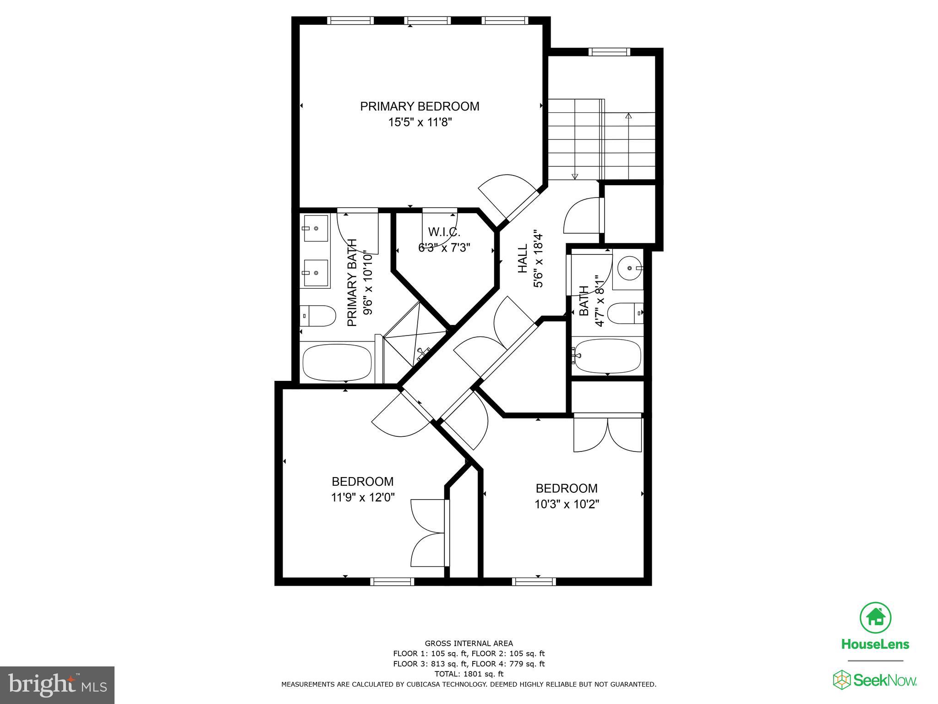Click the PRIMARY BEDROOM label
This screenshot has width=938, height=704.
(x=420, y=106)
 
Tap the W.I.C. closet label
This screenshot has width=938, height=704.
(x=444, y=232)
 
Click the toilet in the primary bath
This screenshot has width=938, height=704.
(x=318, y=316)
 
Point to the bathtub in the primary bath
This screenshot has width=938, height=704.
(x=337, y=363)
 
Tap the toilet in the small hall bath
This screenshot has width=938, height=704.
(x=626, y=313)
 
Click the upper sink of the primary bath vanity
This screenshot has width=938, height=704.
(x=316, y=228)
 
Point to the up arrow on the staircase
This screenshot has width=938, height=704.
(x=628, y=116)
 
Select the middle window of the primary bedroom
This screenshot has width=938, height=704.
(x=427, y=21)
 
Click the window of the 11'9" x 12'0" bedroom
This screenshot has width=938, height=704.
(x=392, y=582)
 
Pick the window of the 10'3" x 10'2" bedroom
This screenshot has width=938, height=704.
(x=534, y=582)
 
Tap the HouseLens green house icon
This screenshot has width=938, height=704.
(x=875, y=617)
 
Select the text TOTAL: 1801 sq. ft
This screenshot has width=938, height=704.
(x=469, y=674)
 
